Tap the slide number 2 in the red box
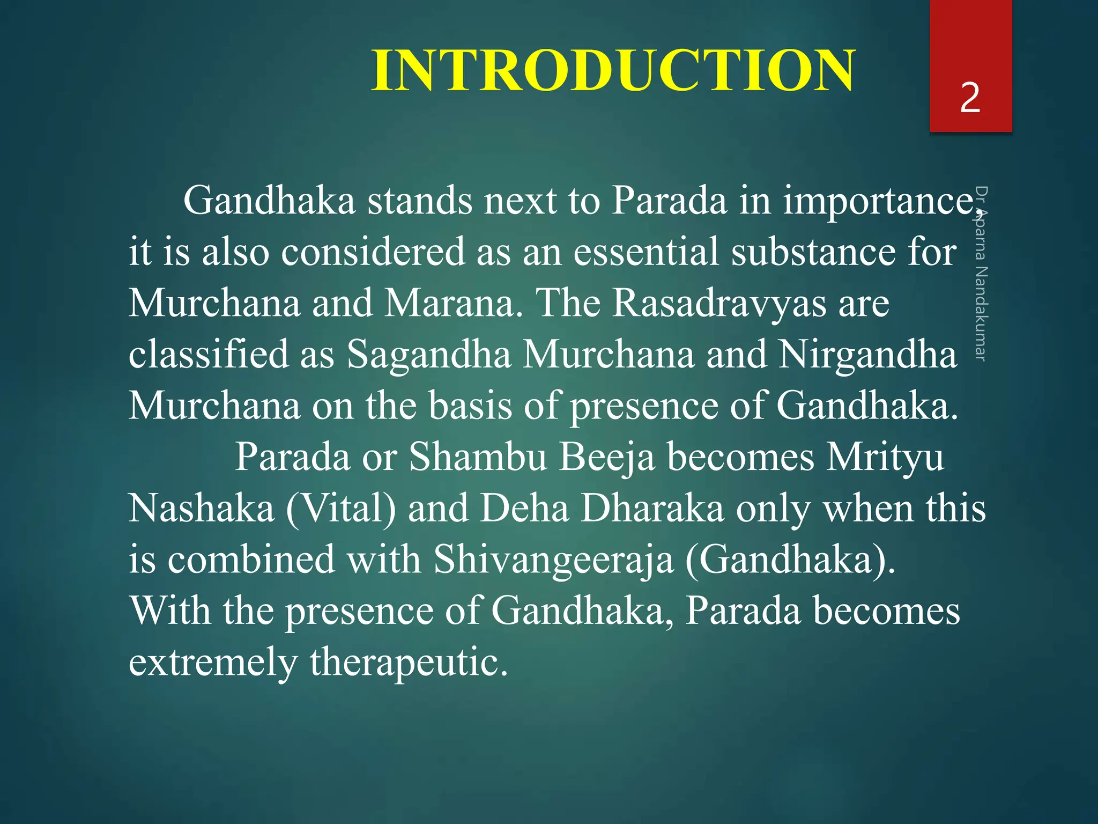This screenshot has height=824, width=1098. point(970,98)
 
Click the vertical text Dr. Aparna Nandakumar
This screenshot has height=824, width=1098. point(981,274)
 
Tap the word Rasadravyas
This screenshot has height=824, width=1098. point(719,303)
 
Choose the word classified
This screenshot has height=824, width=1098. point(209,355)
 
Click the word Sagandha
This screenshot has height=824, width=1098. point(429,355)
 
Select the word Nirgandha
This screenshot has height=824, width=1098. point(867,355)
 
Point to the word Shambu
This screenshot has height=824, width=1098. point(478,457)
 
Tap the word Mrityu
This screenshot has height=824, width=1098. point(884,457)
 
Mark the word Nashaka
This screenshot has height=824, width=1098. point(201,509)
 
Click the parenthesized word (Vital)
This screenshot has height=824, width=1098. point(341,509)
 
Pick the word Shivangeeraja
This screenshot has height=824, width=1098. point(553,560)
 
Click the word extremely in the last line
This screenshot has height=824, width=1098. point(212,662)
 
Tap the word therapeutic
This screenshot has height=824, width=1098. point(409,662)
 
